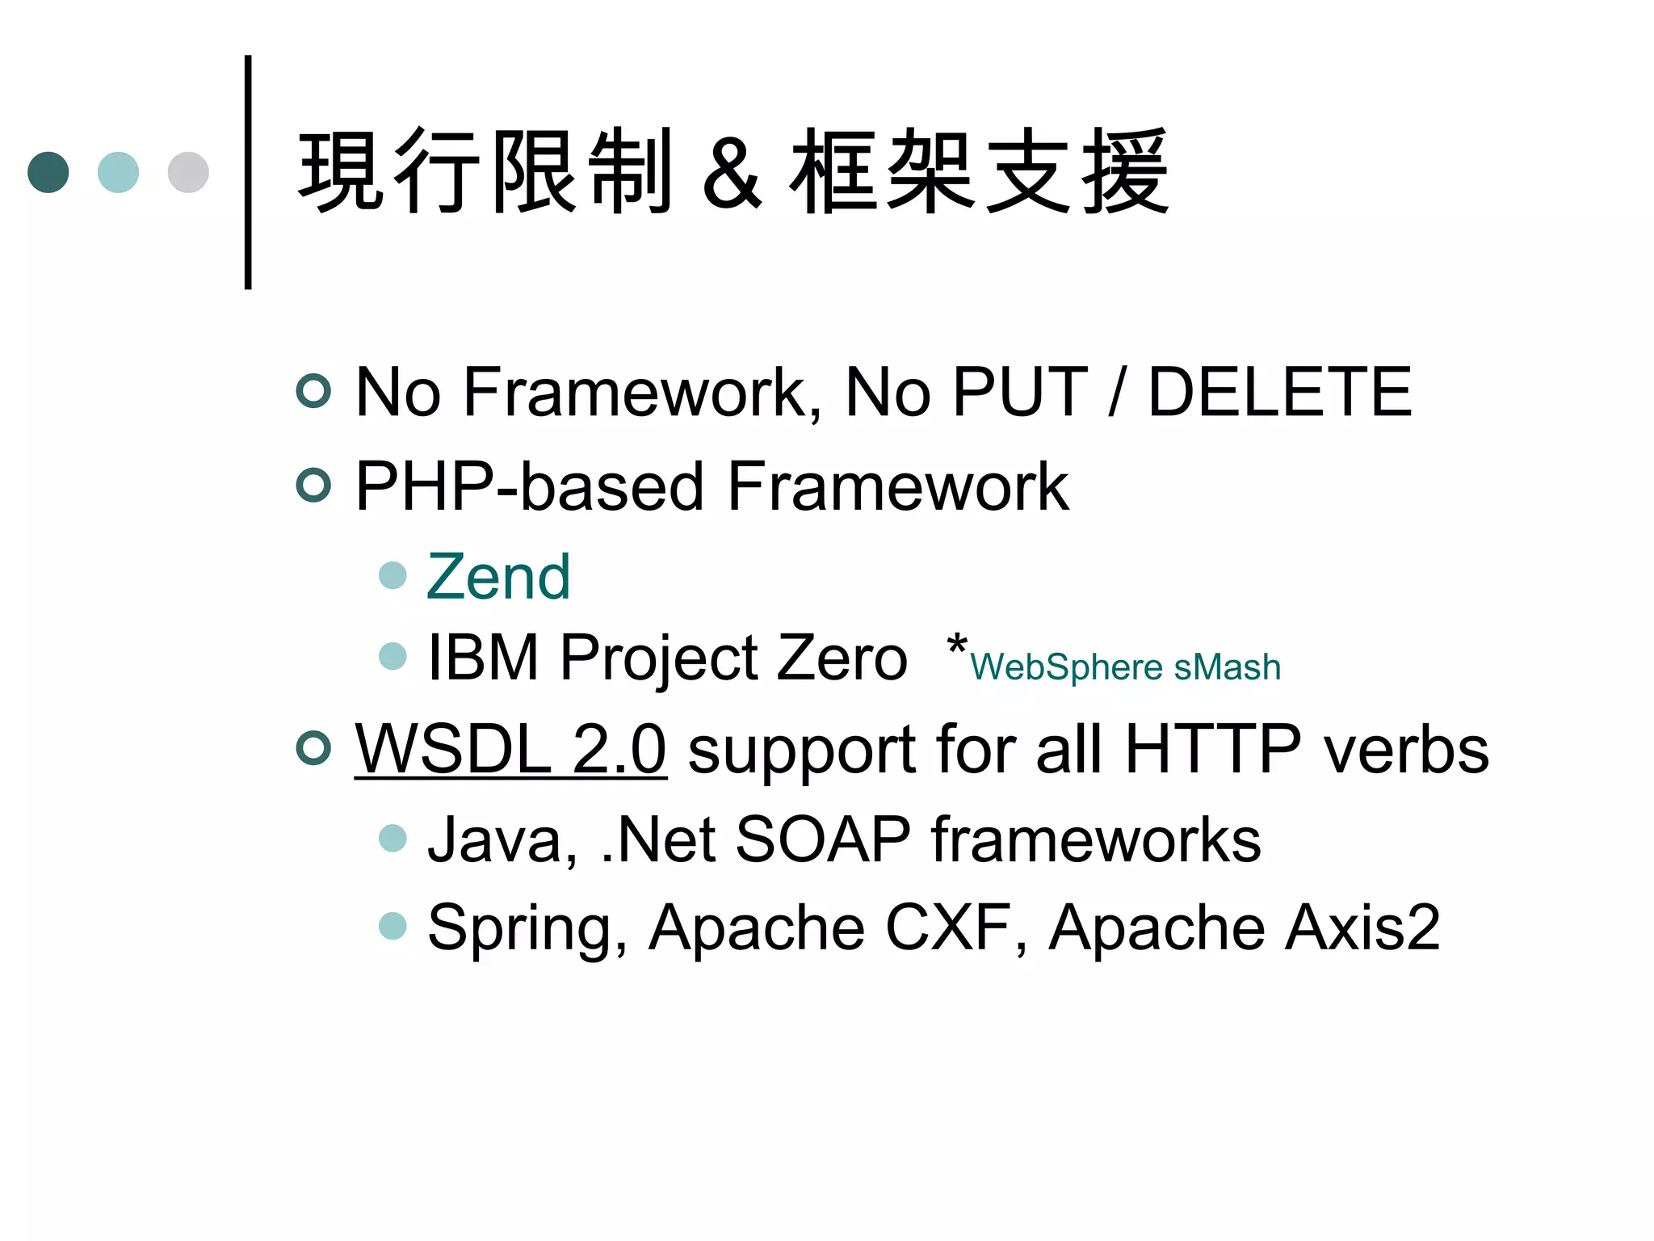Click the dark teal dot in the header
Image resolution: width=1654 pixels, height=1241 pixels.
point(48,172)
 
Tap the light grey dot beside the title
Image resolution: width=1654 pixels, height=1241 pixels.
point(188,172)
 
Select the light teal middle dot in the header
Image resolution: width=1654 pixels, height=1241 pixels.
point(118,172)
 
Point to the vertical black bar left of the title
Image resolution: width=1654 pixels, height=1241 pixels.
point(248,172)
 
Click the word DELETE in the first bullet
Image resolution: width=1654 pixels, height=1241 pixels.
point(1279,392)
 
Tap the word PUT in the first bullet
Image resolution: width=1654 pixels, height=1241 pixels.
point(1020,392)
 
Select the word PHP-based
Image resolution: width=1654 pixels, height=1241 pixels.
point(530,486)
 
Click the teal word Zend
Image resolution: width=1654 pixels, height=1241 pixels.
point(498,577)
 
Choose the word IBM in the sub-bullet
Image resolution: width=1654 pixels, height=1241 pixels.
point(483,658)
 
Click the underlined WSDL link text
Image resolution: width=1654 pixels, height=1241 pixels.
point(510,749)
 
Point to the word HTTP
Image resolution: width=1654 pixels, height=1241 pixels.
point(1212,749)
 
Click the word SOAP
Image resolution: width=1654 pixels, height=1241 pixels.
point(823,840)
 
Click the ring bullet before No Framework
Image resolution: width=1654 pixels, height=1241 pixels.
point(313,392)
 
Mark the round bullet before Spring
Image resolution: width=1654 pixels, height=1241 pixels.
point(393,926)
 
